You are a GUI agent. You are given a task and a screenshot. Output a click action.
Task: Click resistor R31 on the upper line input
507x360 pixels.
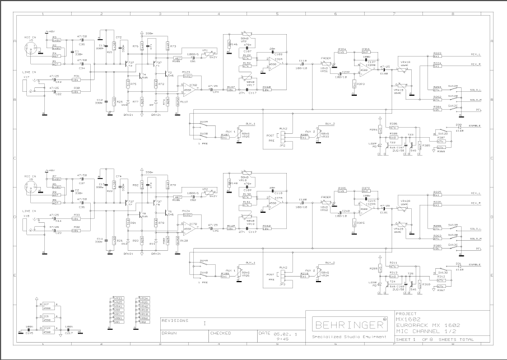76,79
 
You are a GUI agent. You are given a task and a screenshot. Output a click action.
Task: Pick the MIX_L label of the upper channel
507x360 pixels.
476,54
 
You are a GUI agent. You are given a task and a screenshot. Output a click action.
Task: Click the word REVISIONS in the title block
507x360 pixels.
175,320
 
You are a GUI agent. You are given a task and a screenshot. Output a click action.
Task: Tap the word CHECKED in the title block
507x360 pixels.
221,333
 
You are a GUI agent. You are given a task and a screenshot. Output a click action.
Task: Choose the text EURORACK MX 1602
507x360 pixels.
420,325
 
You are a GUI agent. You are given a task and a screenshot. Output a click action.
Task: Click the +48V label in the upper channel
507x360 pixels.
51,31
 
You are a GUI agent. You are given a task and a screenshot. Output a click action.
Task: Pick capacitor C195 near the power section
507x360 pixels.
30,331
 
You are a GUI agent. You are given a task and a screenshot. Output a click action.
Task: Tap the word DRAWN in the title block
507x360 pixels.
170,333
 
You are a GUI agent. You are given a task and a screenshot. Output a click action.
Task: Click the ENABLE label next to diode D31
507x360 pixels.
474,265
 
